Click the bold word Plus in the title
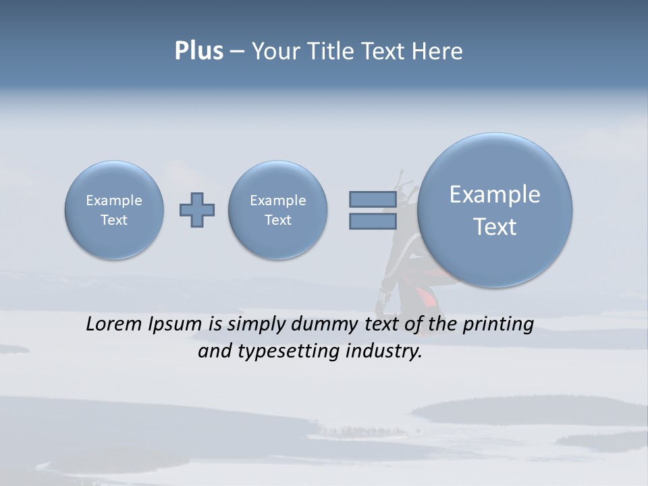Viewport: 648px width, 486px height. pos(198,51)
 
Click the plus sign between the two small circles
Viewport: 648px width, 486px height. pos(197,210)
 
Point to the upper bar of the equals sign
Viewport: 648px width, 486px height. pos(373,199)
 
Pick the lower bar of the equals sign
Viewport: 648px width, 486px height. pos(373,221)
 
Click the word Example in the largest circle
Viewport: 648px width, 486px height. pos(495,194)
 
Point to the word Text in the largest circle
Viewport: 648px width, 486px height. pos(495,227)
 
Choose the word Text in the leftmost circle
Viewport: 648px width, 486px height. pos(114,220)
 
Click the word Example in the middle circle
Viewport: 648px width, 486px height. pos(278,200)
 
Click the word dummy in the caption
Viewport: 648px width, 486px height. pos(321,325)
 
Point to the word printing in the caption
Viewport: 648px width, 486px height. pos(498,325)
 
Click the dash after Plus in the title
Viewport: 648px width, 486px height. pos(237,51)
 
